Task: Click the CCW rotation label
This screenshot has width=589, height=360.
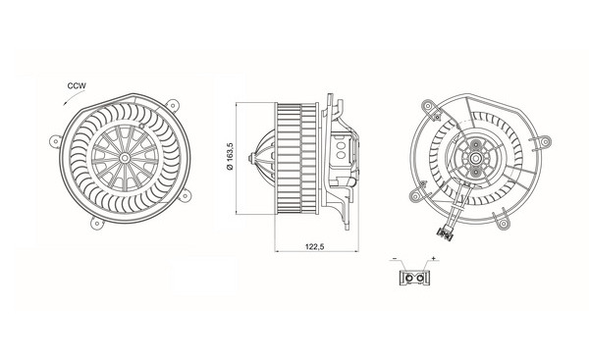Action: pos(77,85)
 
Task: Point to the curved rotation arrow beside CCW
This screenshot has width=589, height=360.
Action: pos(71,97)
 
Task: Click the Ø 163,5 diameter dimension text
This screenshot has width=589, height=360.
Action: pos(231,156)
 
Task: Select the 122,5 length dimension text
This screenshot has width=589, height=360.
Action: pos(315,246)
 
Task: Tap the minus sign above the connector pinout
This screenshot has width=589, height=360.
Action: pos(395,258)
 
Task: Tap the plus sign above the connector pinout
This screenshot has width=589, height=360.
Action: pos(434,258)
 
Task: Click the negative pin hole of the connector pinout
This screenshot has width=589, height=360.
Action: pos(409,279)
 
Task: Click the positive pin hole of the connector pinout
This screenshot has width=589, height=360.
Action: pos(421,279)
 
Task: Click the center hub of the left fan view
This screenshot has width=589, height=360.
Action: pos(125,158)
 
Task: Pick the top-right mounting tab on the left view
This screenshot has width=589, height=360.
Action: pos(172,104)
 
